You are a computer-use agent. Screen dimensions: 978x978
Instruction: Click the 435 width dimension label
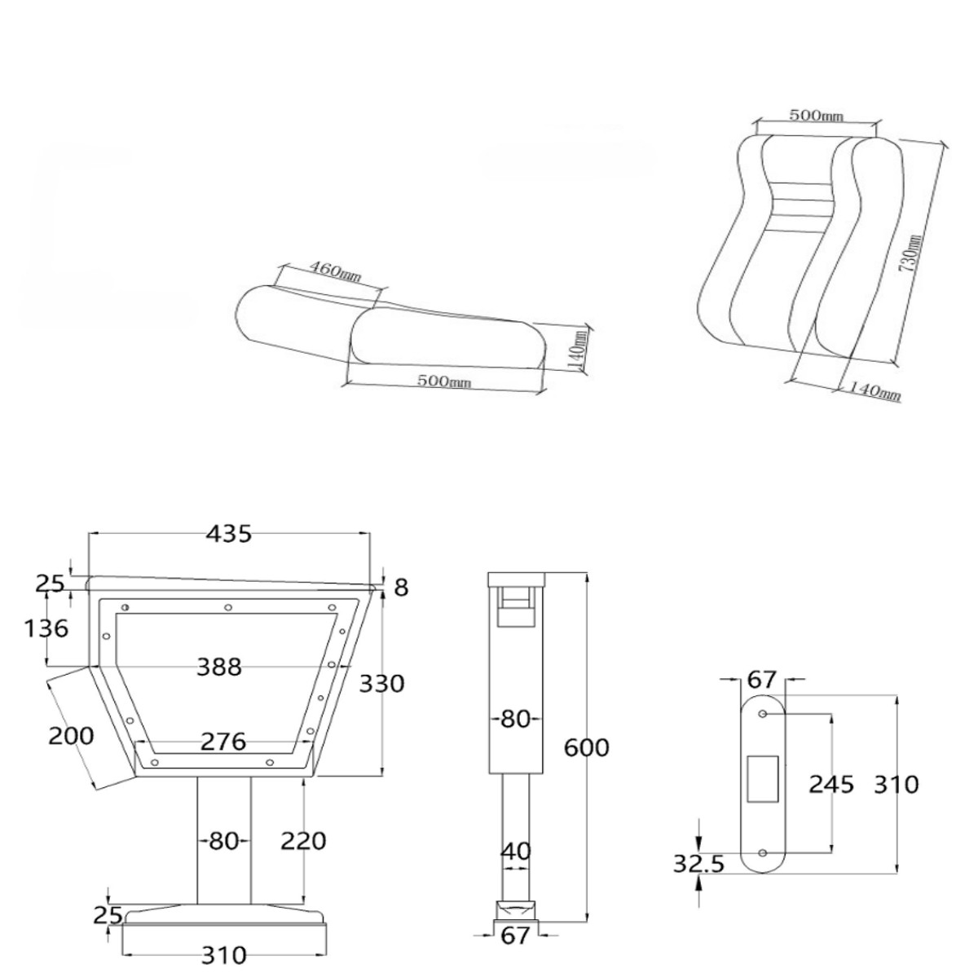pos(228,534)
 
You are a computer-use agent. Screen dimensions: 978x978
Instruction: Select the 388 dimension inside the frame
pos(218,667)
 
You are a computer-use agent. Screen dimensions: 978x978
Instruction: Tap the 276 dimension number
pos(223,742)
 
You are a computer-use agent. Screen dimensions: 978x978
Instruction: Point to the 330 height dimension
pos(381,684)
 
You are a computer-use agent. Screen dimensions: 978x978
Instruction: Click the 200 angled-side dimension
pos(71,735)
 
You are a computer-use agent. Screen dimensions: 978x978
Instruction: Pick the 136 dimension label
pos(46,628)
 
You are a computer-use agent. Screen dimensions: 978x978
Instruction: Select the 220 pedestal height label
pos(303,841)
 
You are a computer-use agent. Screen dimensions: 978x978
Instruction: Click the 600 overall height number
pos(586,747)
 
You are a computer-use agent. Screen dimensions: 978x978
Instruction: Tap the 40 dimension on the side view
pos(516,851)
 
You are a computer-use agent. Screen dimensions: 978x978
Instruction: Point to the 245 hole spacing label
pos(831,784)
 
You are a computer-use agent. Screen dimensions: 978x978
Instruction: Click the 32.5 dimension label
pos(698,863)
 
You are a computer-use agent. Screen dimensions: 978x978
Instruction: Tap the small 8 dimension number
pos(401,588)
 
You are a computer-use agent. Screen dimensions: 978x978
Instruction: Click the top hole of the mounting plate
pos(762,714)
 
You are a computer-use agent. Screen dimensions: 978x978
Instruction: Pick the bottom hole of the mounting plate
pos(762,852)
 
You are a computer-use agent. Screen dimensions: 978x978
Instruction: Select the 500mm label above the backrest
pos(816,116)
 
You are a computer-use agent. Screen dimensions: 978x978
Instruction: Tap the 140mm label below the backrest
pos(874,391)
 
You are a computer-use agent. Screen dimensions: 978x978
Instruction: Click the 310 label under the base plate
pos(223,955)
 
